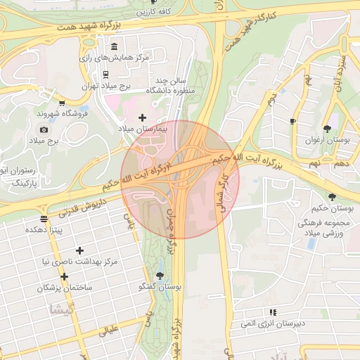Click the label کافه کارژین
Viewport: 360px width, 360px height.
click(154, 12)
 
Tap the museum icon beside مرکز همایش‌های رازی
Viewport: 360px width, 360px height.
click(114, 46)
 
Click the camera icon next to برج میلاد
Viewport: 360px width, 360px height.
click(44, 129)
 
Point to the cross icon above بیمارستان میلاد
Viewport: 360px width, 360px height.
click(143, 117)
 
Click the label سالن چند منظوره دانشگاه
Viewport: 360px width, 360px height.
click(169, 86)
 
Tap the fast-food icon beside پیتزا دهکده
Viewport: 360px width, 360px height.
click(44, 219)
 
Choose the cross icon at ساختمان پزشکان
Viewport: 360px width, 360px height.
click(64, 276)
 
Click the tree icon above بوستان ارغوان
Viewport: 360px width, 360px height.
click(327, 129)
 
